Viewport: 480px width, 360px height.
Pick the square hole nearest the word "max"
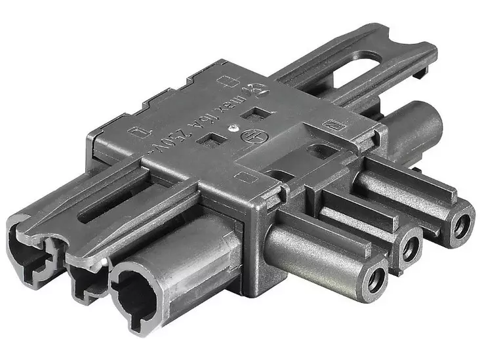tap(252, 113)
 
